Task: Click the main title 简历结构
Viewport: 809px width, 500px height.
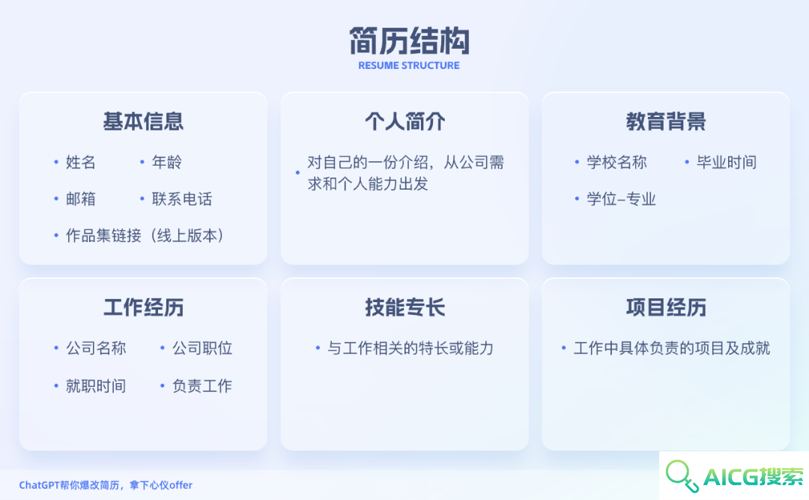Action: pos(409,40)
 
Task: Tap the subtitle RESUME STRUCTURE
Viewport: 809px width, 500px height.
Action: pos(409,66)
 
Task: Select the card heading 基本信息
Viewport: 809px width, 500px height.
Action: pos(143,121)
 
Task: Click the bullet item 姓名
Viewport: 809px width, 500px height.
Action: pos(80,162)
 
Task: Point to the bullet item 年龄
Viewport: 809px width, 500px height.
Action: pos(166,162)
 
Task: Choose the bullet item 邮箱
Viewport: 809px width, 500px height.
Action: pos(80,199)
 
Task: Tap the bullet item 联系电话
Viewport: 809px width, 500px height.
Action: pos(181,199)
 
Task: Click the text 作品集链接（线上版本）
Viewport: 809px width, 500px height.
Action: pos(145,235)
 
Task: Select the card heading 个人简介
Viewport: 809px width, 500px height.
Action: pos(405,121)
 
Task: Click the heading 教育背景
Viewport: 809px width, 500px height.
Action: pos(666,121)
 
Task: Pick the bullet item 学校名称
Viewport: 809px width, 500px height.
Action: pos(616,162)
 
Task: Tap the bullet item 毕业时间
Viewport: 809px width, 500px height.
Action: pos(727,162)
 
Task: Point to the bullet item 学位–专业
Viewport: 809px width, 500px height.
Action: pos(621,199)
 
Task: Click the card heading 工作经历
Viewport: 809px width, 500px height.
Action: pos(143,307)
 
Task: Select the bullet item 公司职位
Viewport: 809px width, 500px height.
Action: pos(202,348)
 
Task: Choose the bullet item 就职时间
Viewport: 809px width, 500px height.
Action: pos(96,386)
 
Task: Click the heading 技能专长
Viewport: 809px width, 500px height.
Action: pos(405,307)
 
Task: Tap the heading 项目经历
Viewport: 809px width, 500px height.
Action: pos(666,307)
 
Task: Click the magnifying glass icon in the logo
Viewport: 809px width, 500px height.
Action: pos(680,474)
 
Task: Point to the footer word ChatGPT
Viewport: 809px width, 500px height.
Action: pos(39,485)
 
